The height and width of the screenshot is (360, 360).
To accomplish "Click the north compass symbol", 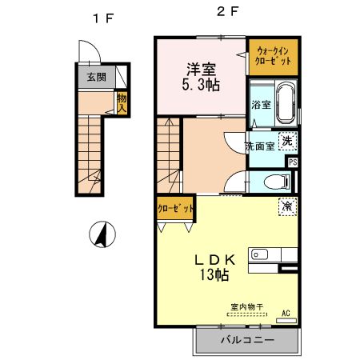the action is click(x=102, y=234).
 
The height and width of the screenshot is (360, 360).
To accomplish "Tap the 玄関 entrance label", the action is click(x=97, y=78).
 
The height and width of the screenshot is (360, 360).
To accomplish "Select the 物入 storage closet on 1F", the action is click(x=122, y=103).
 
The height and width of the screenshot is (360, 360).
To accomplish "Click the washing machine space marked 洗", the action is click(x=287, y=141).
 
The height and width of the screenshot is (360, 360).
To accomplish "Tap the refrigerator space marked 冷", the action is click(x=288, y=206).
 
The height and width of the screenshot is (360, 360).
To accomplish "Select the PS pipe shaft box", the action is click(x=293, y=162).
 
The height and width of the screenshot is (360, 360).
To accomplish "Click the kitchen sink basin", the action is click(x=259, y=254).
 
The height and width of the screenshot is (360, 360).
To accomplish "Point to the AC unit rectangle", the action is click(x=286, y=321).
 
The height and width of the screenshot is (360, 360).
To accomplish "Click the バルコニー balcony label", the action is click(x=247, y=340).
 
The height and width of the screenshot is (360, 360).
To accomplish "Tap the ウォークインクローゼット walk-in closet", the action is click(x=273, y=57).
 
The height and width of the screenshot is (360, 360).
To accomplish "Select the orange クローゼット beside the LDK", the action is click(x=175, y=208).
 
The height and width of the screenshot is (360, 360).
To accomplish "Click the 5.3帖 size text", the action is click(x=201, y=86).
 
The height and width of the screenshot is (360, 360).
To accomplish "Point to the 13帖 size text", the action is click(x=214, y=274).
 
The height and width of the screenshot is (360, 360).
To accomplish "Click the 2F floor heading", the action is click(x=227, y=11).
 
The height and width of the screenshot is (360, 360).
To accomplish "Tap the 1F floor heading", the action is click(x=103, y=18).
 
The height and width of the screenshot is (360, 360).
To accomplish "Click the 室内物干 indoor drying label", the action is click(x=247, y=307).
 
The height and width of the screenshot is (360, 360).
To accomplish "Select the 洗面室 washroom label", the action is click(x=260, y=146).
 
